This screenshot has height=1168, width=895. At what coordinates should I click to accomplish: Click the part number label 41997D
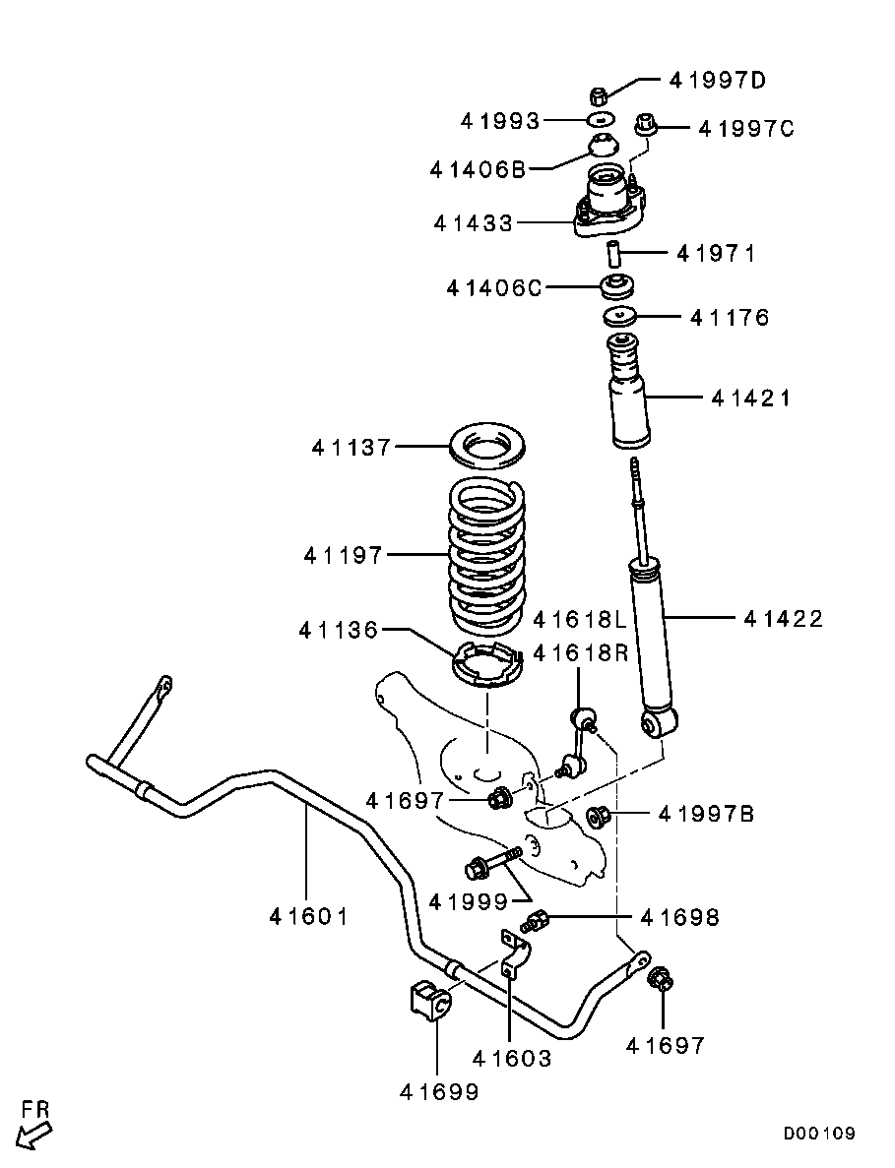(717, 81)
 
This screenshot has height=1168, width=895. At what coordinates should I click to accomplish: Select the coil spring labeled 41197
(484, 556)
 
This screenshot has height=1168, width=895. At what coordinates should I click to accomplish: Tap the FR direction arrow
(33, 1125)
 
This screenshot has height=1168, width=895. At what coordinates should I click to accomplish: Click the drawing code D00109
(818, 1134)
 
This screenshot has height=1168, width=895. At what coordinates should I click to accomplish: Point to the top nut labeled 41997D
(597, 95)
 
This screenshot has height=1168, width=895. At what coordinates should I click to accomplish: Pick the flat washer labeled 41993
(599, 120)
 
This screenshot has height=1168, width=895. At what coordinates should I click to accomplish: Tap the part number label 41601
(308, 916)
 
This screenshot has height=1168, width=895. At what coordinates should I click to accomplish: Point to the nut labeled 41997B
(597, 816)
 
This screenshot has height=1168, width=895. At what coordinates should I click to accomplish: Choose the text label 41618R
(579, 652)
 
